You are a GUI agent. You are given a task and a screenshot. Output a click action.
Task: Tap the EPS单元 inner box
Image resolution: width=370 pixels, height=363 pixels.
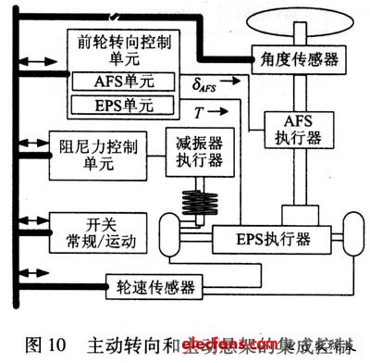pos(111,103)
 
